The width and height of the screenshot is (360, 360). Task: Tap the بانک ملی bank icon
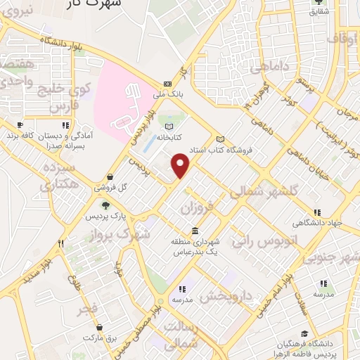pyautogui.click(x=167, y=82)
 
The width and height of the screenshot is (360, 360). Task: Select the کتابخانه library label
pyautogui.click(x=169, y=137)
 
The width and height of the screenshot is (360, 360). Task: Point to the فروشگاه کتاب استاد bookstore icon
pyautogui.click(x=221, y=139)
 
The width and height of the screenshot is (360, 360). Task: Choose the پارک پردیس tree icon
pyautogui.click(x=105, y=205)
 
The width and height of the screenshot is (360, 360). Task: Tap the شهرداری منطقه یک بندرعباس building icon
pyautogui.click(x=194, y=231)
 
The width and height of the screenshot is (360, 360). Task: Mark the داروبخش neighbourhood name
pyautogui.click(x=226, y=295)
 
